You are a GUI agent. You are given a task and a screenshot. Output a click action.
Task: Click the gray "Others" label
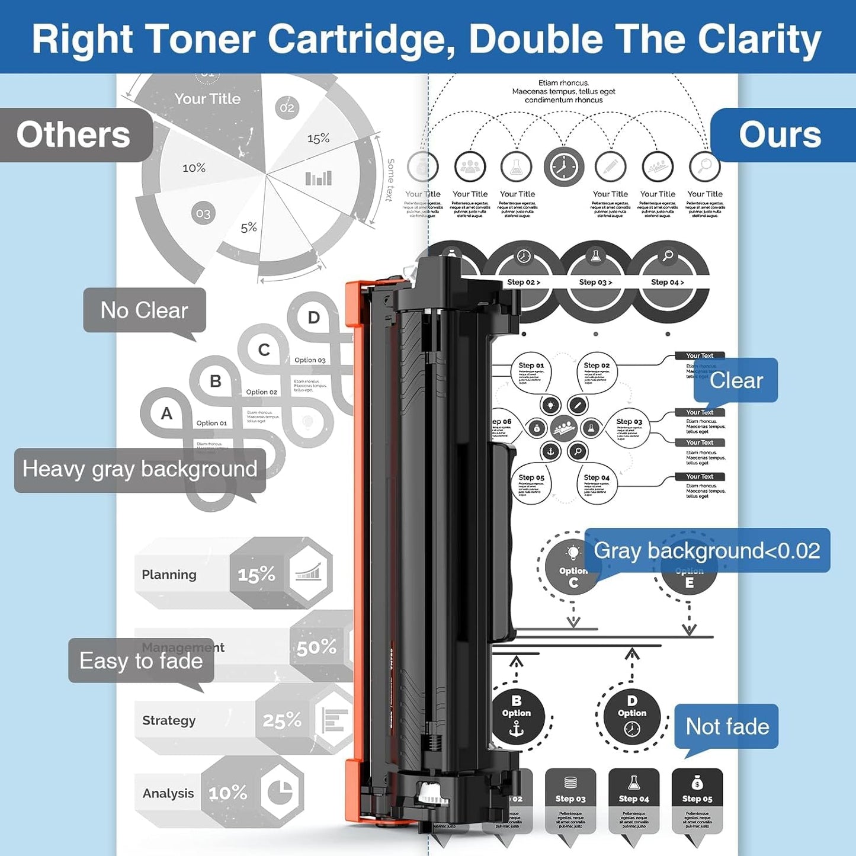tap(73, 135)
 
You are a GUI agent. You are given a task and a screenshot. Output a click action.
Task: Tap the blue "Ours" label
tap(780, 135)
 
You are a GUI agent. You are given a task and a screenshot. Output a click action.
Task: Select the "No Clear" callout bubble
tap(144, 310)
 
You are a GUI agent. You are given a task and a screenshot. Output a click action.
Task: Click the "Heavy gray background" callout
tap(140, 469)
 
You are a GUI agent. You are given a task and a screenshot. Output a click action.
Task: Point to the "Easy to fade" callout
tap(141, 661)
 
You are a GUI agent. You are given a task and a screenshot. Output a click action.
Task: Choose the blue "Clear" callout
tap(736, 380)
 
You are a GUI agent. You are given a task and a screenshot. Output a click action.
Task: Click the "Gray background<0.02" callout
tap(707, 550)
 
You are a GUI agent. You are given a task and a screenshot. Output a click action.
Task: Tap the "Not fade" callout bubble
tap(727, 726)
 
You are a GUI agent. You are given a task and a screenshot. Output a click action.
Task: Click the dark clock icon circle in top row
tap(563, 167)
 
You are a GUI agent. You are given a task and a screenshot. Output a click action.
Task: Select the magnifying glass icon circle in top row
tap(704, 166)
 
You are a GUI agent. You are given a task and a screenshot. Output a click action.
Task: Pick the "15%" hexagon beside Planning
tap(256, 574)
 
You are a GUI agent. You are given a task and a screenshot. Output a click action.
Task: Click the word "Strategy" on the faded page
tap(169, 720)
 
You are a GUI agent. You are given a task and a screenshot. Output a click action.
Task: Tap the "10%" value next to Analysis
tap(227, 793)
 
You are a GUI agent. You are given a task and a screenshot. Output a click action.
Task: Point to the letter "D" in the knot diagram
tap(313, 318)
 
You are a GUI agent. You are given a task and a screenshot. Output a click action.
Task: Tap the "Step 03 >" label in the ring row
tap(595, 282)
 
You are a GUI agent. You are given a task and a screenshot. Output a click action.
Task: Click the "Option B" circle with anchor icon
tap(517, 716)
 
